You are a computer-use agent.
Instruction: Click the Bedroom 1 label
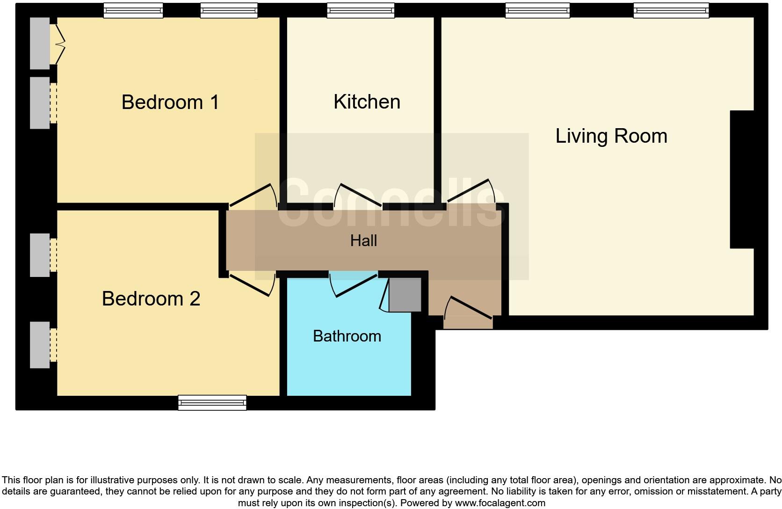(170, 102)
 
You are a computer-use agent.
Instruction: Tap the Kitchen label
(367, 102)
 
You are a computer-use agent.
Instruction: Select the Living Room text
(611, 136)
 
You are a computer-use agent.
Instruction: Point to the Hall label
(363, 240)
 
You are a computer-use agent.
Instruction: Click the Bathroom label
(347, 336)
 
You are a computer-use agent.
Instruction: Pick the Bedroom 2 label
(151, 298)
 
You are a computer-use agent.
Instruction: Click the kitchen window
(361, 10)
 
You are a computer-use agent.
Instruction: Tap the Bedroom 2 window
(212, 402)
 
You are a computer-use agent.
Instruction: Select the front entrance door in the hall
(468, 308)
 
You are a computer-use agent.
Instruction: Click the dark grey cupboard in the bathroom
(405, 295)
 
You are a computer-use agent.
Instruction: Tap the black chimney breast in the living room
(742, 180)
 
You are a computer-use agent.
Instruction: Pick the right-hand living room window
(671, 10)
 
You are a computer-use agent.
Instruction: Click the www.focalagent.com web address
(500, 503)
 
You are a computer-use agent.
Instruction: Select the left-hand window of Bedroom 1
(133, 10)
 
